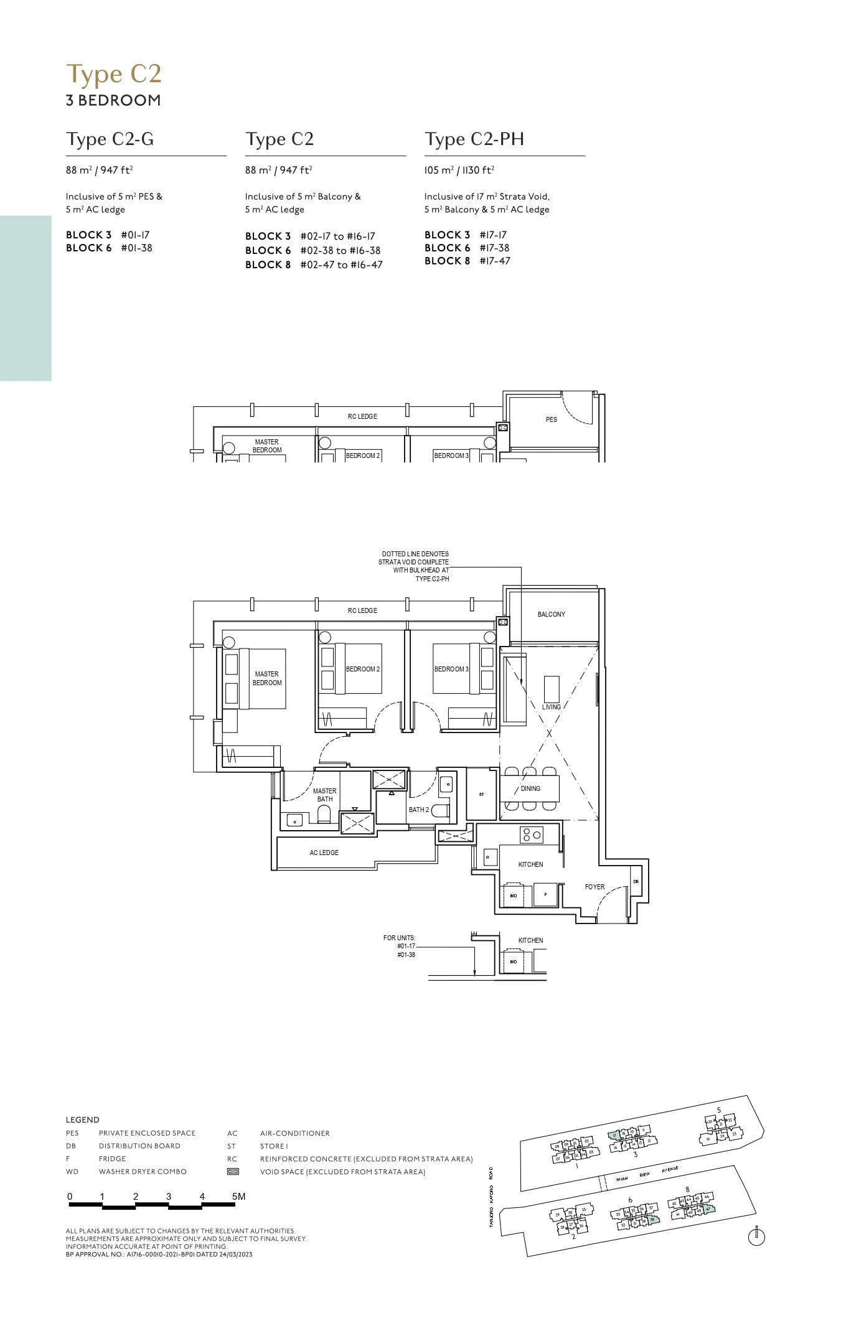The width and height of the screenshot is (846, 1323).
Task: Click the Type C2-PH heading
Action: pos(474,139)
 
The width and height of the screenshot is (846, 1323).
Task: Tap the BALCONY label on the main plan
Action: pos(551,614)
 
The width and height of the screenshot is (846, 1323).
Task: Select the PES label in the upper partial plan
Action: pos(551,419)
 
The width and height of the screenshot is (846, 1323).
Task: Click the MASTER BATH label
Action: pos(324,795)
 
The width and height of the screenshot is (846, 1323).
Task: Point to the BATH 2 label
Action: pos(418,810)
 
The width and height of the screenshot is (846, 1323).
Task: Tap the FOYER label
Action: pos(595,887)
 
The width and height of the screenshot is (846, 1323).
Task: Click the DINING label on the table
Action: pos(530,788)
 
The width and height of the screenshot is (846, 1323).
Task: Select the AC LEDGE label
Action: pos(324,853)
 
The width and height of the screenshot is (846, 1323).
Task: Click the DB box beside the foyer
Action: pos(636,881)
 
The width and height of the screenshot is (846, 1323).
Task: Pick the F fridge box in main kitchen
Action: pos(545,895)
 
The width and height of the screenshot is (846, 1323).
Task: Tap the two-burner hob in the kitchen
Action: pos(532,834)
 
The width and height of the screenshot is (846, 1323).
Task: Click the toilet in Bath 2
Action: pos(441,810)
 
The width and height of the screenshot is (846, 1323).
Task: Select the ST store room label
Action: pos(481,795)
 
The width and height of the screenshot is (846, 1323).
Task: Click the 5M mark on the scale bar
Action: pos(238,1196)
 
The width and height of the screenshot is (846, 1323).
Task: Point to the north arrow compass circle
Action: pos(756,1238)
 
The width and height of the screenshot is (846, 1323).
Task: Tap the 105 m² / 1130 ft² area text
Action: pos(459,170)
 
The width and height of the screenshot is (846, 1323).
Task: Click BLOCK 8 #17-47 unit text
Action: pos(467,261)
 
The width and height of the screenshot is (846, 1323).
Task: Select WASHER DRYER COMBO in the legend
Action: pos(143,1171)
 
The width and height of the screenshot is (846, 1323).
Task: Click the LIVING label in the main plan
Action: pos(551,707)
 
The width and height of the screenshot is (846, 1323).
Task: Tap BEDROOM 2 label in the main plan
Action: pos(362,669)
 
